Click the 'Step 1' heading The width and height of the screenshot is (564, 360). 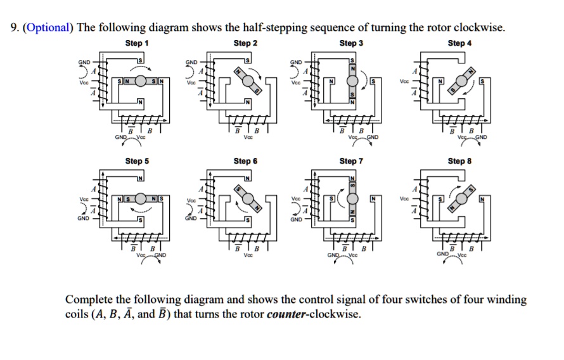(137, 43)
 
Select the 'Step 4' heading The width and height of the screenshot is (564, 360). (459, 43)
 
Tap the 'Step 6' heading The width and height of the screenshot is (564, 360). (245, 161)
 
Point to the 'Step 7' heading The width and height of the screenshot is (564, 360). (351, 161)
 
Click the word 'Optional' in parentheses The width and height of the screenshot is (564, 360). (48, 28)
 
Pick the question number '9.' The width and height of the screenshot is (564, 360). (15, 28)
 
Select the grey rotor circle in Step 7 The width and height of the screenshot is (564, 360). (352, 200)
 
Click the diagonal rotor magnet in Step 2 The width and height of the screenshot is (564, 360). (246, 81)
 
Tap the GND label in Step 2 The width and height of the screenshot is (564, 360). (191, 63)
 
